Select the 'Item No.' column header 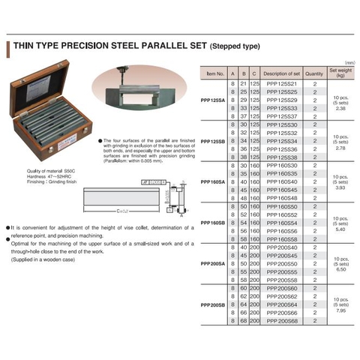(x=214, y=73)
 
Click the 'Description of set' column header (x=282, y=73)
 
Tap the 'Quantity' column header (x=315, y=73)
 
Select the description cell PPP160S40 (x=282, y=181)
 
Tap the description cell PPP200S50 (x=282, y=264)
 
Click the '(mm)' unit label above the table (x=349, y=63)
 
